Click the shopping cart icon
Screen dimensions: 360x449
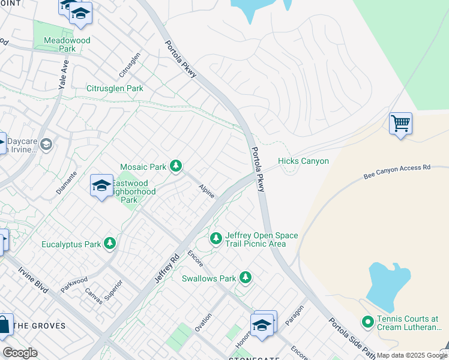coord(400,124)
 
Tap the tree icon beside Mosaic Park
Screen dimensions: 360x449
coord(176,166)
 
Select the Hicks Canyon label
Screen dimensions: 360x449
coord(303,161)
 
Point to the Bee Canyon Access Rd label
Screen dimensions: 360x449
coord(397,172)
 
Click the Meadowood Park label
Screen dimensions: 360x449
coord(68,44)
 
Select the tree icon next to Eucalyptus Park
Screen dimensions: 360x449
coord(109,243)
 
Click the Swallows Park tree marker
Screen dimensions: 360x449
coord(245,277)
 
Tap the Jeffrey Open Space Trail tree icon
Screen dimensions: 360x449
coord(215,239)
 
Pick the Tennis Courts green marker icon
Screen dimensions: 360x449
coord(368,323)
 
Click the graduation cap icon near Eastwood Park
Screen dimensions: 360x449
coord(101,185)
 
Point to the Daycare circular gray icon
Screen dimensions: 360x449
coord(46,144)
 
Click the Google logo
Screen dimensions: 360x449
coord(20,353)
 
